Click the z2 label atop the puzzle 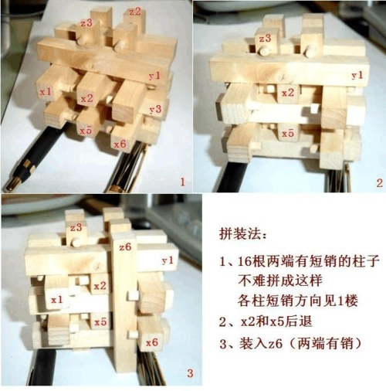click(135, 12)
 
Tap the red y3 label click(154, 109)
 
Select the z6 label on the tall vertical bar click(127, 246)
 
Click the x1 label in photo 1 click(46, 91)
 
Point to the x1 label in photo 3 click(56, 298)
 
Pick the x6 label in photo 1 click(119, 144)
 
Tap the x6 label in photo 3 click(152, 341)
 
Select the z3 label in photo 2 click(265, 38)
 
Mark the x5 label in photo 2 click(287, 133)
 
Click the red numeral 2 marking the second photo click(378, 183)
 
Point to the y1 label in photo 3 click(168, 261)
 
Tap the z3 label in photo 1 click(86, 23)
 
